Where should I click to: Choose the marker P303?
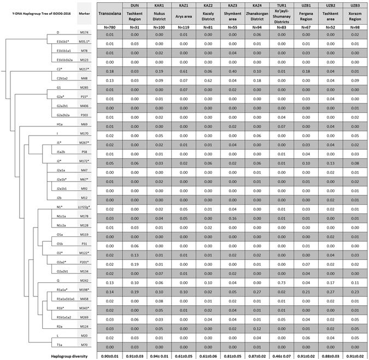pyautogui.click(x=85, y=115)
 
